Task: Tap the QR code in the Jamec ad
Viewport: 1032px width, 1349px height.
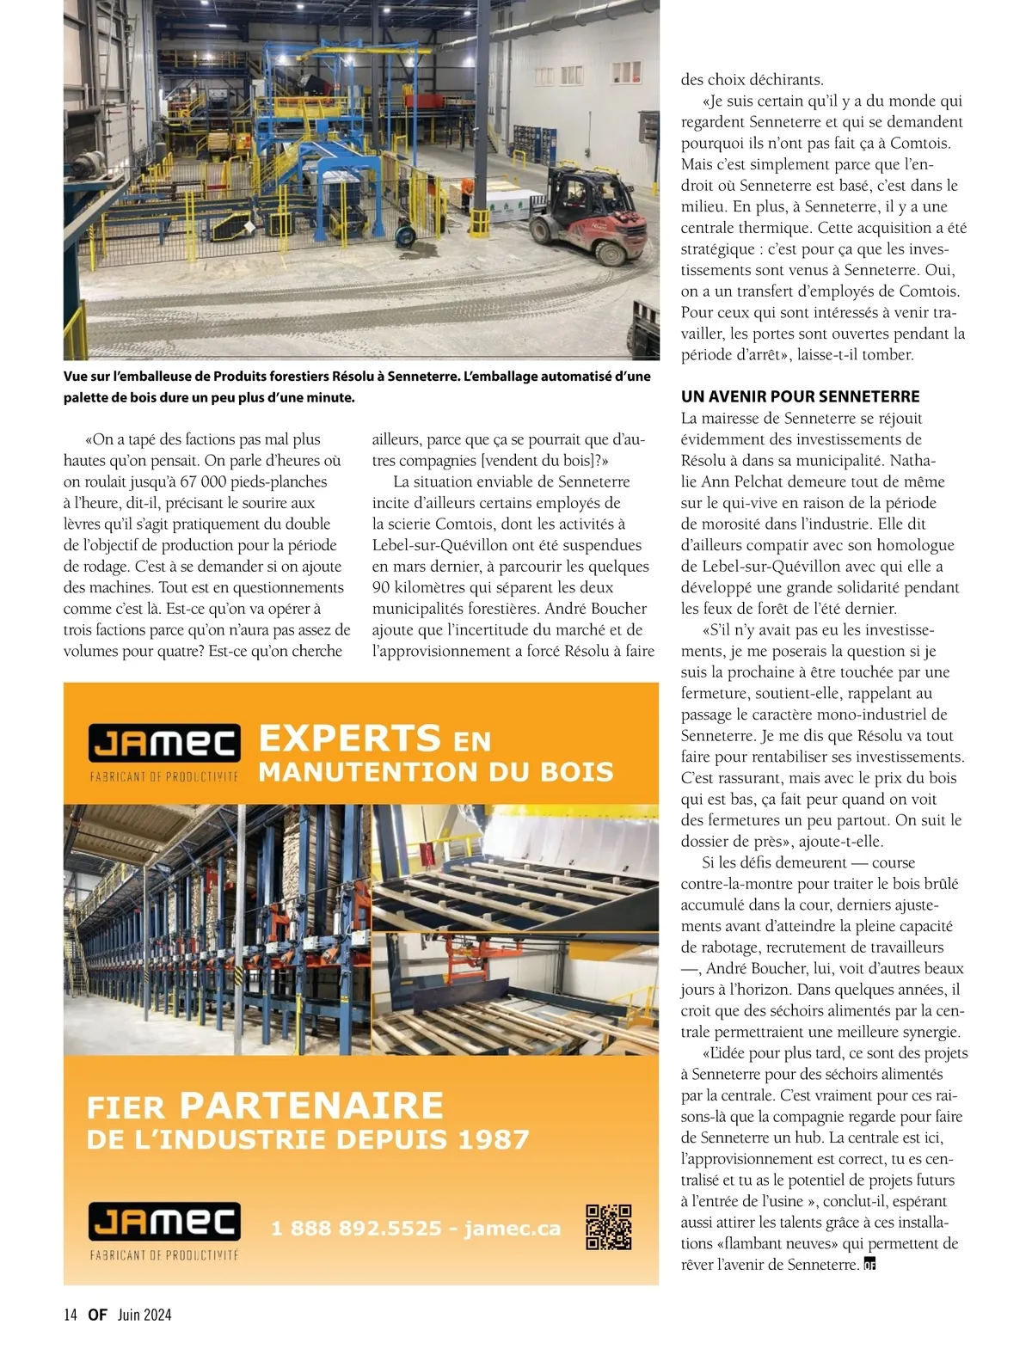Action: point(609,1227)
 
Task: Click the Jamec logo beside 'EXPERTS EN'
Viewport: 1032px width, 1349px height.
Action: point(164,744)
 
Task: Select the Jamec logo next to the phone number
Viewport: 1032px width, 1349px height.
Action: point(164,1222)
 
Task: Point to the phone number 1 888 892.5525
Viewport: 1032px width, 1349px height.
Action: point(356,1229)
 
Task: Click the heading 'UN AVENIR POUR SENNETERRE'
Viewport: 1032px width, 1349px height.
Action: point(800,396)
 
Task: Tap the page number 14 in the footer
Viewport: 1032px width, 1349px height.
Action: point(71,1314)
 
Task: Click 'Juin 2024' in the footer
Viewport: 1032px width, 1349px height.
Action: point(144,1314)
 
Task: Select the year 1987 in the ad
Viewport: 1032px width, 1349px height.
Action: point(493,1140)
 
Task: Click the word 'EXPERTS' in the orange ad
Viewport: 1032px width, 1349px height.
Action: point(350,739)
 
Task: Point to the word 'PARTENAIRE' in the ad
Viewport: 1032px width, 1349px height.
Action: point(311,1105)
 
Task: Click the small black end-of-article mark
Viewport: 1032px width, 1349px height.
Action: point(869,1264)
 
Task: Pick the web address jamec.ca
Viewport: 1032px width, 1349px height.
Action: point(513,1229)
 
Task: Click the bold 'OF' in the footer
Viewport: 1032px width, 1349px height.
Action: point(97,1314)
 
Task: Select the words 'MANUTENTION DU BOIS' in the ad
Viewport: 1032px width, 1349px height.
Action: point(436,772)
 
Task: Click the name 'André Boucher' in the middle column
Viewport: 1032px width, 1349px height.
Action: point(598,609)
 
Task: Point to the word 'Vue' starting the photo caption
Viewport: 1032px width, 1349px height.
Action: point(77,377)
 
